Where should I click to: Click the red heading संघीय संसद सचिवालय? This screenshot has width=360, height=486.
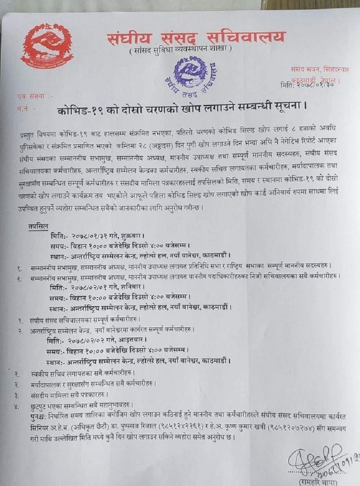[x=196, y=38]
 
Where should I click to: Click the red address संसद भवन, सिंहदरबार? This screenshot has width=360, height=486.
[x=320, y=69]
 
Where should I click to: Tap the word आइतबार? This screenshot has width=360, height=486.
[x=133, y=340]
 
